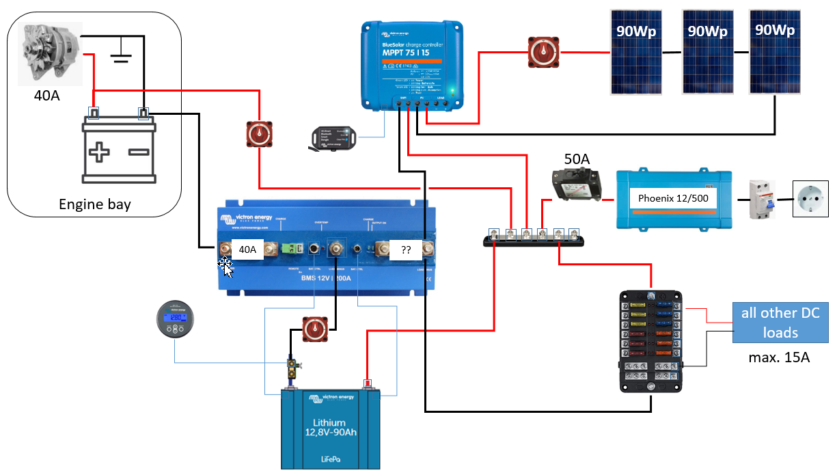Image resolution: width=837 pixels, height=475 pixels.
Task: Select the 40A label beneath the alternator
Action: tap(47, 96)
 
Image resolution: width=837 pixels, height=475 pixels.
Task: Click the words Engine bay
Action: tap(94, 204)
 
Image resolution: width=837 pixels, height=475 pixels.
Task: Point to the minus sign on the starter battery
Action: tap(140, 152)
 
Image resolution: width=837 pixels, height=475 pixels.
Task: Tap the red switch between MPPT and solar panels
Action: tap(543, 51)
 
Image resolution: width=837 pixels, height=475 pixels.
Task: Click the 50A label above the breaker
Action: tap(577, 159)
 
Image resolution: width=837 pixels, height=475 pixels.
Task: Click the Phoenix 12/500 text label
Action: tap(673, 198)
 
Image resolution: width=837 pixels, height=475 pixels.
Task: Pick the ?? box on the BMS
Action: tap(406, 250)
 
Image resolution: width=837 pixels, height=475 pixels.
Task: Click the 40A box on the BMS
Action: tap(247, 250)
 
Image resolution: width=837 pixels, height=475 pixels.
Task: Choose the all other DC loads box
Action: tap(780, 323)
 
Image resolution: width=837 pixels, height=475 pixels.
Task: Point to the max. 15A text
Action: tap(780, 357)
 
